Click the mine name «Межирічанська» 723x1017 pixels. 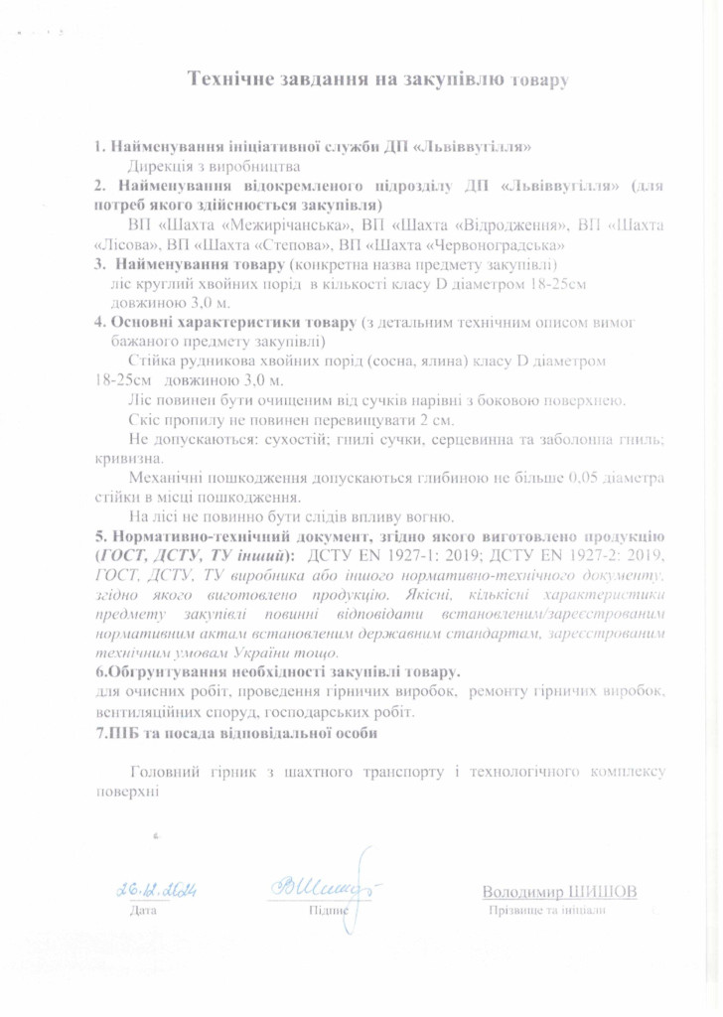pyautogui.click(x=254, y=225)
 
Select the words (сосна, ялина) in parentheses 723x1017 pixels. pyautogui.click(x=430, y=363)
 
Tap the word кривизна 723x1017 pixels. pyautogui.click(x=126, y=459)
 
